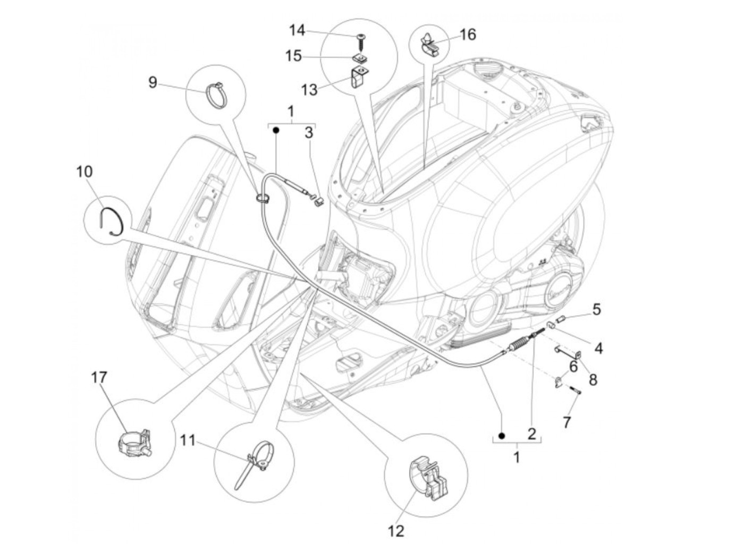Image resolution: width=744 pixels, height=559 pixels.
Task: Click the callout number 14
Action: tap(297, 30)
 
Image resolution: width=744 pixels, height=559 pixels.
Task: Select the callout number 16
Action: tap(468, 35)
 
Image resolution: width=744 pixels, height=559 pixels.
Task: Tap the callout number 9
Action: tap(153, 82)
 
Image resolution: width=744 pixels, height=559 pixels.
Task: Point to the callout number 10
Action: tap(84, 172)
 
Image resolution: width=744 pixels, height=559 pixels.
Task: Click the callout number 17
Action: tap(99, 377)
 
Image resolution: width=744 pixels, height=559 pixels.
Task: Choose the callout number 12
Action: tap(396, 530)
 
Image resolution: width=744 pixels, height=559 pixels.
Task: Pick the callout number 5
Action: tap(596, 309)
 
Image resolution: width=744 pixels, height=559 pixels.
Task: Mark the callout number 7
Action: tap(567, 422)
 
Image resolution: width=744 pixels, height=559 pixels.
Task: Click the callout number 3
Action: tap(309, 133)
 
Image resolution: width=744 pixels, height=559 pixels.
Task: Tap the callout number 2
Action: tap(531, 434)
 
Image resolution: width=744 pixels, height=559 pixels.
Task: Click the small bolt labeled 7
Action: tap(577, 392)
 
